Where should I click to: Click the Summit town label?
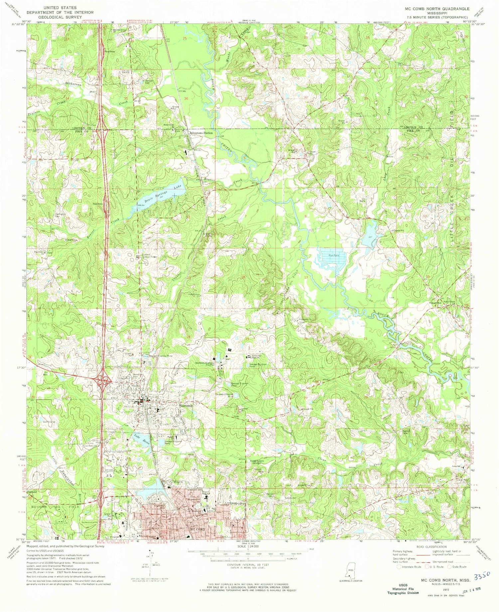point(186,406)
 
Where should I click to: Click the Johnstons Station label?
point(201,133)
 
